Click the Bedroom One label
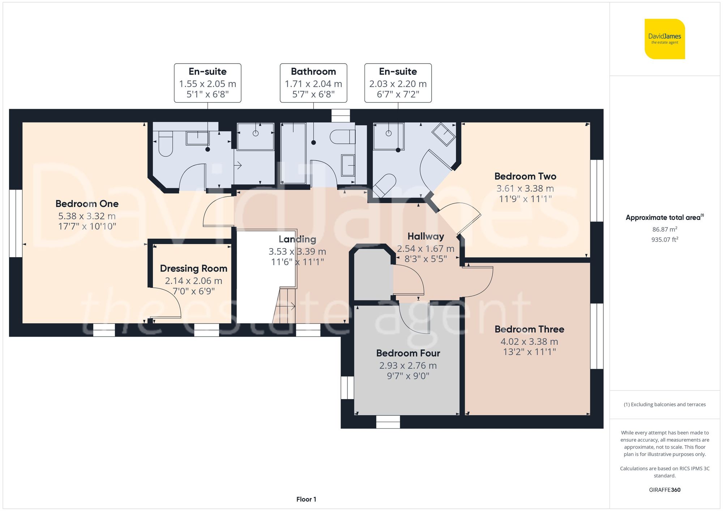(x=87, y=204)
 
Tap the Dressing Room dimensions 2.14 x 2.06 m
(x=193, y=281)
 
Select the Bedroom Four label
(x=408, y=353)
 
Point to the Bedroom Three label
(x=529, y=329)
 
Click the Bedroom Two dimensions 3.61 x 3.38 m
(x=525, y=188)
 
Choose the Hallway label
(x=425, y=236)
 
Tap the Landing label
(x=297, y=239)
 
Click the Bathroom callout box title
(x=313, y=72)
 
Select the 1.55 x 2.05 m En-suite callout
(x=208, y=83)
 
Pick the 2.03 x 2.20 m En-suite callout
(x=398, y=83)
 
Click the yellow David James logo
(x=664, y=39)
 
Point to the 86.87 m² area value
(x=664, y=229)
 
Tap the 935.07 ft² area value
(x=664, y=239)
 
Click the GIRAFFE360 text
(x=664, y=490)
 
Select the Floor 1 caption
(x=306, y=499)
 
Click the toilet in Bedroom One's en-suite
(x=166, y=143)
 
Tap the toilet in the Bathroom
(x=342, y=137)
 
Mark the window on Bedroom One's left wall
(x=16, y=223)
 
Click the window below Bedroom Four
(x=388, y=421)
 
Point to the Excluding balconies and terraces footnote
(x=664, y=404)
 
